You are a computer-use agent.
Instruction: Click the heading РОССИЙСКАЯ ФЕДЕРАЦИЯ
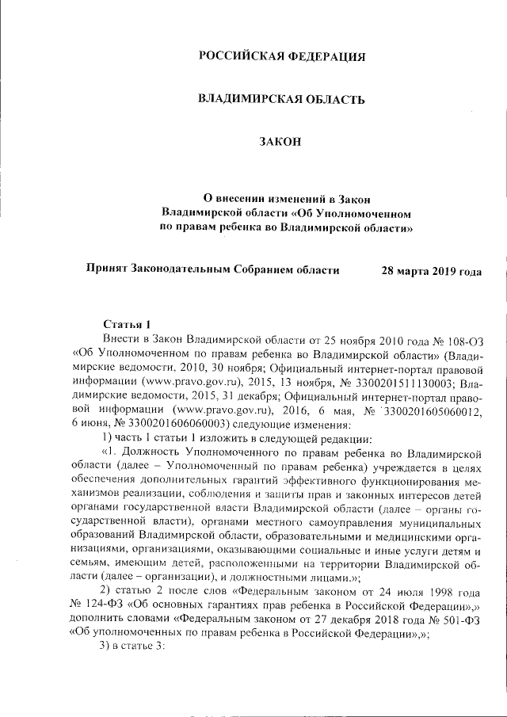282,56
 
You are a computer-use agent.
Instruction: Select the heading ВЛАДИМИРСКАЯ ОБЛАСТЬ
281,99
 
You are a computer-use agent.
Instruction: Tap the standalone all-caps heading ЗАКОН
281,142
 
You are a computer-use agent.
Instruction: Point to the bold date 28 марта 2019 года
432,269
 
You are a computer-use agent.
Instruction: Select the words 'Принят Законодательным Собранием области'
213,269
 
